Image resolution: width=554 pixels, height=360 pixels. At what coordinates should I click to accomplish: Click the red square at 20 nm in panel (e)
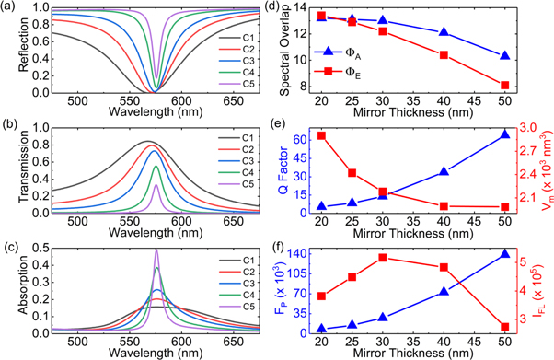click(x=321, y=135)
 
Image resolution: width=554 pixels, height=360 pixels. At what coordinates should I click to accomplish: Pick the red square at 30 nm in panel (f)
click(x=383, y=257)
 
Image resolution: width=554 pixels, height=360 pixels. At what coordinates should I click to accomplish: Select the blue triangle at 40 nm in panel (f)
click(x=444, y=291)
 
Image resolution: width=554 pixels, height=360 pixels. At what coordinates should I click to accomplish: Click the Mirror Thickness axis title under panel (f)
click(x=412, y=353)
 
